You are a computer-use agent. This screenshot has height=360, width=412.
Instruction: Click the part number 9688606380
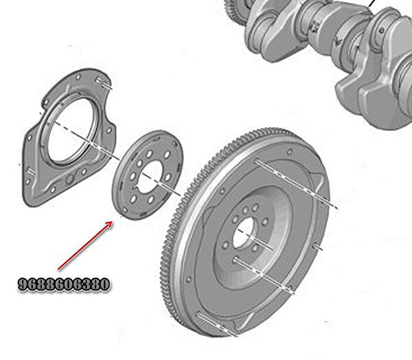(63, 284)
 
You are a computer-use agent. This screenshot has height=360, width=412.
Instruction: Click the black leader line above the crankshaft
(371, 5)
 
